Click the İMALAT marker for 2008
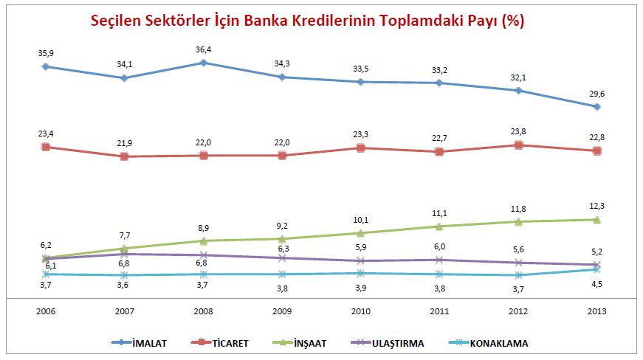click(x=204, y=63)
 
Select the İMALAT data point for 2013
click(x=596, y=107)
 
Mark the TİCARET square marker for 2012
click(x=518, y=145)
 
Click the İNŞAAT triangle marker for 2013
click(x=596, y=219)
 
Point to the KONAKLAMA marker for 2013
click(x=596, y=269)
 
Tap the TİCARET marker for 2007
click(x=125, y=156)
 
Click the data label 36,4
click(x=204, y=50)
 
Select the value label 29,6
click(x=596, y=94)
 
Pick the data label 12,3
click(x=596, y=206)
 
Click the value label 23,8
click(x=518, y=132)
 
